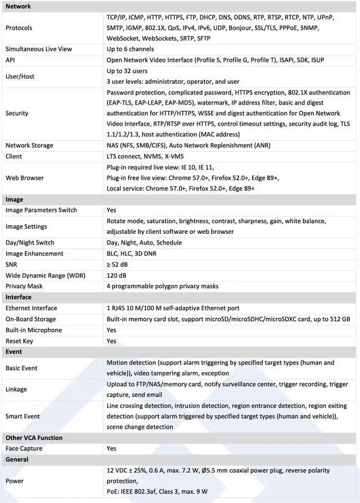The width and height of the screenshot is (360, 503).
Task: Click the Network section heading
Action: tap(18, 6)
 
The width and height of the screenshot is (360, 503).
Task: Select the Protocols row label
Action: tap(19, 28)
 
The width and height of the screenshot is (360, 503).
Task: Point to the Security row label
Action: tap(17, 113)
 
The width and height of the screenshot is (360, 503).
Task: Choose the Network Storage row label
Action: tap(29, 145)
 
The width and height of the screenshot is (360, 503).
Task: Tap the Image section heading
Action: tap(14, 200)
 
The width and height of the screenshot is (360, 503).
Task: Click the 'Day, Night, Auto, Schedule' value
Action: tap(144, 243)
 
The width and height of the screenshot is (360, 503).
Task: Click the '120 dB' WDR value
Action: tap(116, 275)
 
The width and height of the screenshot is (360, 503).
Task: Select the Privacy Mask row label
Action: tap(24, 286)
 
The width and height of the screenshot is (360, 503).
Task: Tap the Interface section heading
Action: tap(19, 297)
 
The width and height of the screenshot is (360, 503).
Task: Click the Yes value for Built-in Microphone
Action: tap(111, 330)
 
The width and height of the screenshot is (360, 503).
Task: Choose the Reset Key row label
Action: tap(19, 341)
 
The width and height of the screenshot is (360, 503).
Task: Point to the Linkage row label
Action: tap(16, 389)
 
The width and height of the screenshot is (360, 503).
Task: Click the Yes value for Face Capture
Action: tap(111, 448)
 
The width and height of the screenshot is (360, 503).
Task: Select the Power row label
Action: tap(15, 481)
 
